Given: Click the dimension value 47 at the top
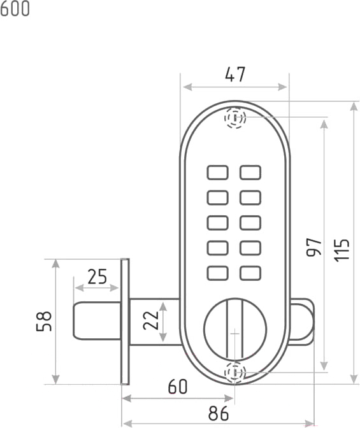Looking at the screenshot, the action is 235,75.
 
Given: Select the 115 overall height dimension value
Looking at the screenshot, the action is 342,250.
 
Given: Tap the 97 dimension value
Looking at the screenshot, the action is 314,247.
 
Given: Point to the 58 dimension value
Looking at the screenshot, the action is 44,321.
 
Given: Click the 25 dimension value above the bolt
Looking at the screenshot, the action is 97,277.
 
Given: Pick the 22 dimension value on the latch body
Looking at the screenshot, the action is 151,320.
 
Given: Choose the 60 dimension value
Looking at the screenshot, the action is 178,387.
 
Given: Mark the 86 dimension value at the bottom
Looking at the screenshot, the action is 219,413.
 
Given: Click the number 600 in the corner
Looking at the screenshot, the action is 15,8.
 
